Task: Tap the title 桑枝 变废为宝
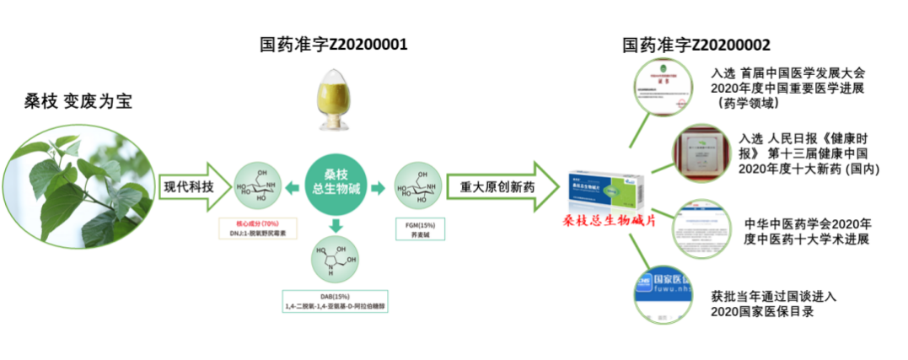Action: [x=78, y=102]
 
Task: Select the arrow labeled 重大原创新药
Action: [x=502, y=186]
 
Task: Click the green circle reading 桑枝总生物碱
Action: [x=336, y=186]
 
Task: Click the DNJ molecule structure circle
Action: [x=256, y=186]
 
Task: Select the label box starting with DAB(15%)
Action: [x=336, y=302]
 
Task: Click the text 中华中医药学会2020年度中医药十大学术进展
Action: [x=807, y=231]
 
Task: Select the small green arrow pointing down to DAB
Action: [x=336, y=225]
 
